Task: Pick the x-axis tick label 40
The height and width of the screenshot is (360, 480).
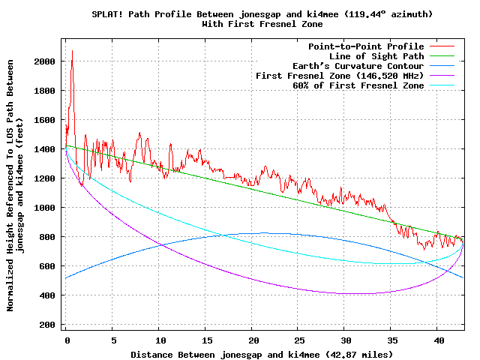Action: [x=438, y=340]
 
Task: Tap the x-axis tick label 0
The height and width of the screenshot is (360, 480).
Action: [x=66, y=340]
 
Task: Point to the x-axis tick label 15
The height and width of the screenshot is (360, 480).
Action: [x=205, y=340]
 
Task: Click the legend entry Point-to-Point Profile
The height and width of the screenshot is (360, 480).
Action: [x=366, y=46]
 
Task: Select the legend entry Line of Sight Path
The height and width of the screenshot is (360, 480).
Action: [x=376, y=56]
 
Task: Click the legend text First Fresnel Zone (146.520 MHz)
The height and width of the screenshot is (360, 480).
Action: [x=340, y=76]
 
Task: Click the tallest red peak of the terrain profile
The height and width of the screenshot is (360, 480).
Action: [x=72, y=51]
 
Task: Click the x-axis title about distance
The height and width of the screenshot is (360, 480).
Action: [x=261, y=353]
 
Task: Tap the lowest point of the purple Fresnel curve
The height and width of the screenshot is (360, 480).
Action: [x=345, y=293]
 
